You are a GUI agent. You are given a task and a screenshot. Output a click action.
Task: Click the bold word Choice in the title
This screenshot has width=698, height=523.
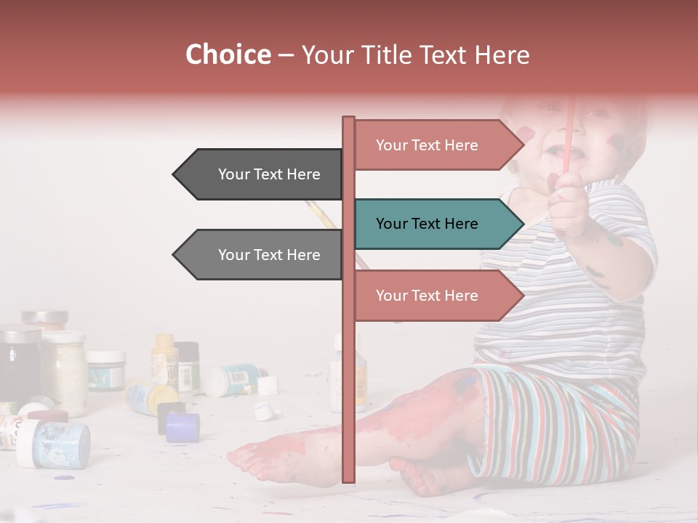pyautogui.click(x=228, y=54)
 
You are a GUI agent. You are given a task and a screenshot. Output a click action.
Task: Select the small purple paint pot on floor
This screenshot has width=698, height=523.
pyautogui.click(x=182, y=427)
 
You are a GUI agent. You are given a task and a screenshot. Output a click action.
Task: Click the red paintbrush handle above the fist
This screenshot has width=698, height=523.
pyautogui.click(x=569, y=131)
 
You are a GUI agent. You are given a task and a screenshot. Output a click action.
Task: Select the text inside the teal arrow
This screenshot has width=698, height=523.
pyautogui.click(x=427, y=224)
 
